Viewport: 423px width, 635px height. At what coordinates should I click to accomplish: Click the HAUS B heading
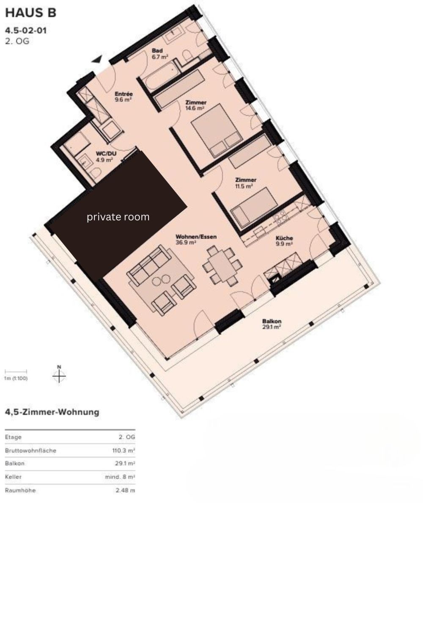[30, 13]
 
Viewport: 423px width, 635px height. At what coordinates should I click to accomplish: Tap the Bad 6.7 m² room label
[160, 54]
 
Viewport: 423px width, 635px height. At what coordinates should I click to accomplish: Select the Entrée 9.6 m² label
[124, 97]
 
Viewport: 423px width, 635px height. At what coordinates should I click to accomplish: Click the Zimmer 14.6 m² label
[195, 105]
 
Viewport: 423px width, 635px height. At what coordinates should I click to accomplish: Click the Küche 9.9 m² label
[284, 241]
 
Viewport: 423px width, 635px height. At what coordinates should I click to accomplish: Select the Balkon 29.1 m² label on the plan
[272, 324]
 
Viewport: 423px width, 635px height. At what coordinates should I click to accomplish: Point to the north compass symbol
[59, 375]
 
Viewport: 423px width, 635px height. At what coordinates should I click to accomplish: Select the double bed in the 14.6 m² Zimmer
[217, 130]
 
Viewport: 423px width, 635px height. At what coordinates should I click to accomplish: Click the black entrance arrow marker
[97, 59]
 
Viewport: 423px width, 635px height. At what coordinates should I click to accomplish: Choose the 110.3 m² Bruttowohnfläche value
[124, 450]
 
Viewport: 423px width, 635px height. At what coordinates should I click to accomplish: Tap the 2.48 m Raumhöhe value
[125, 490]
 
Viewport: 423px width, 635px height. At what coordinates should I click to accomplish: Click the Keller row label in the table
[13, 477]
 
